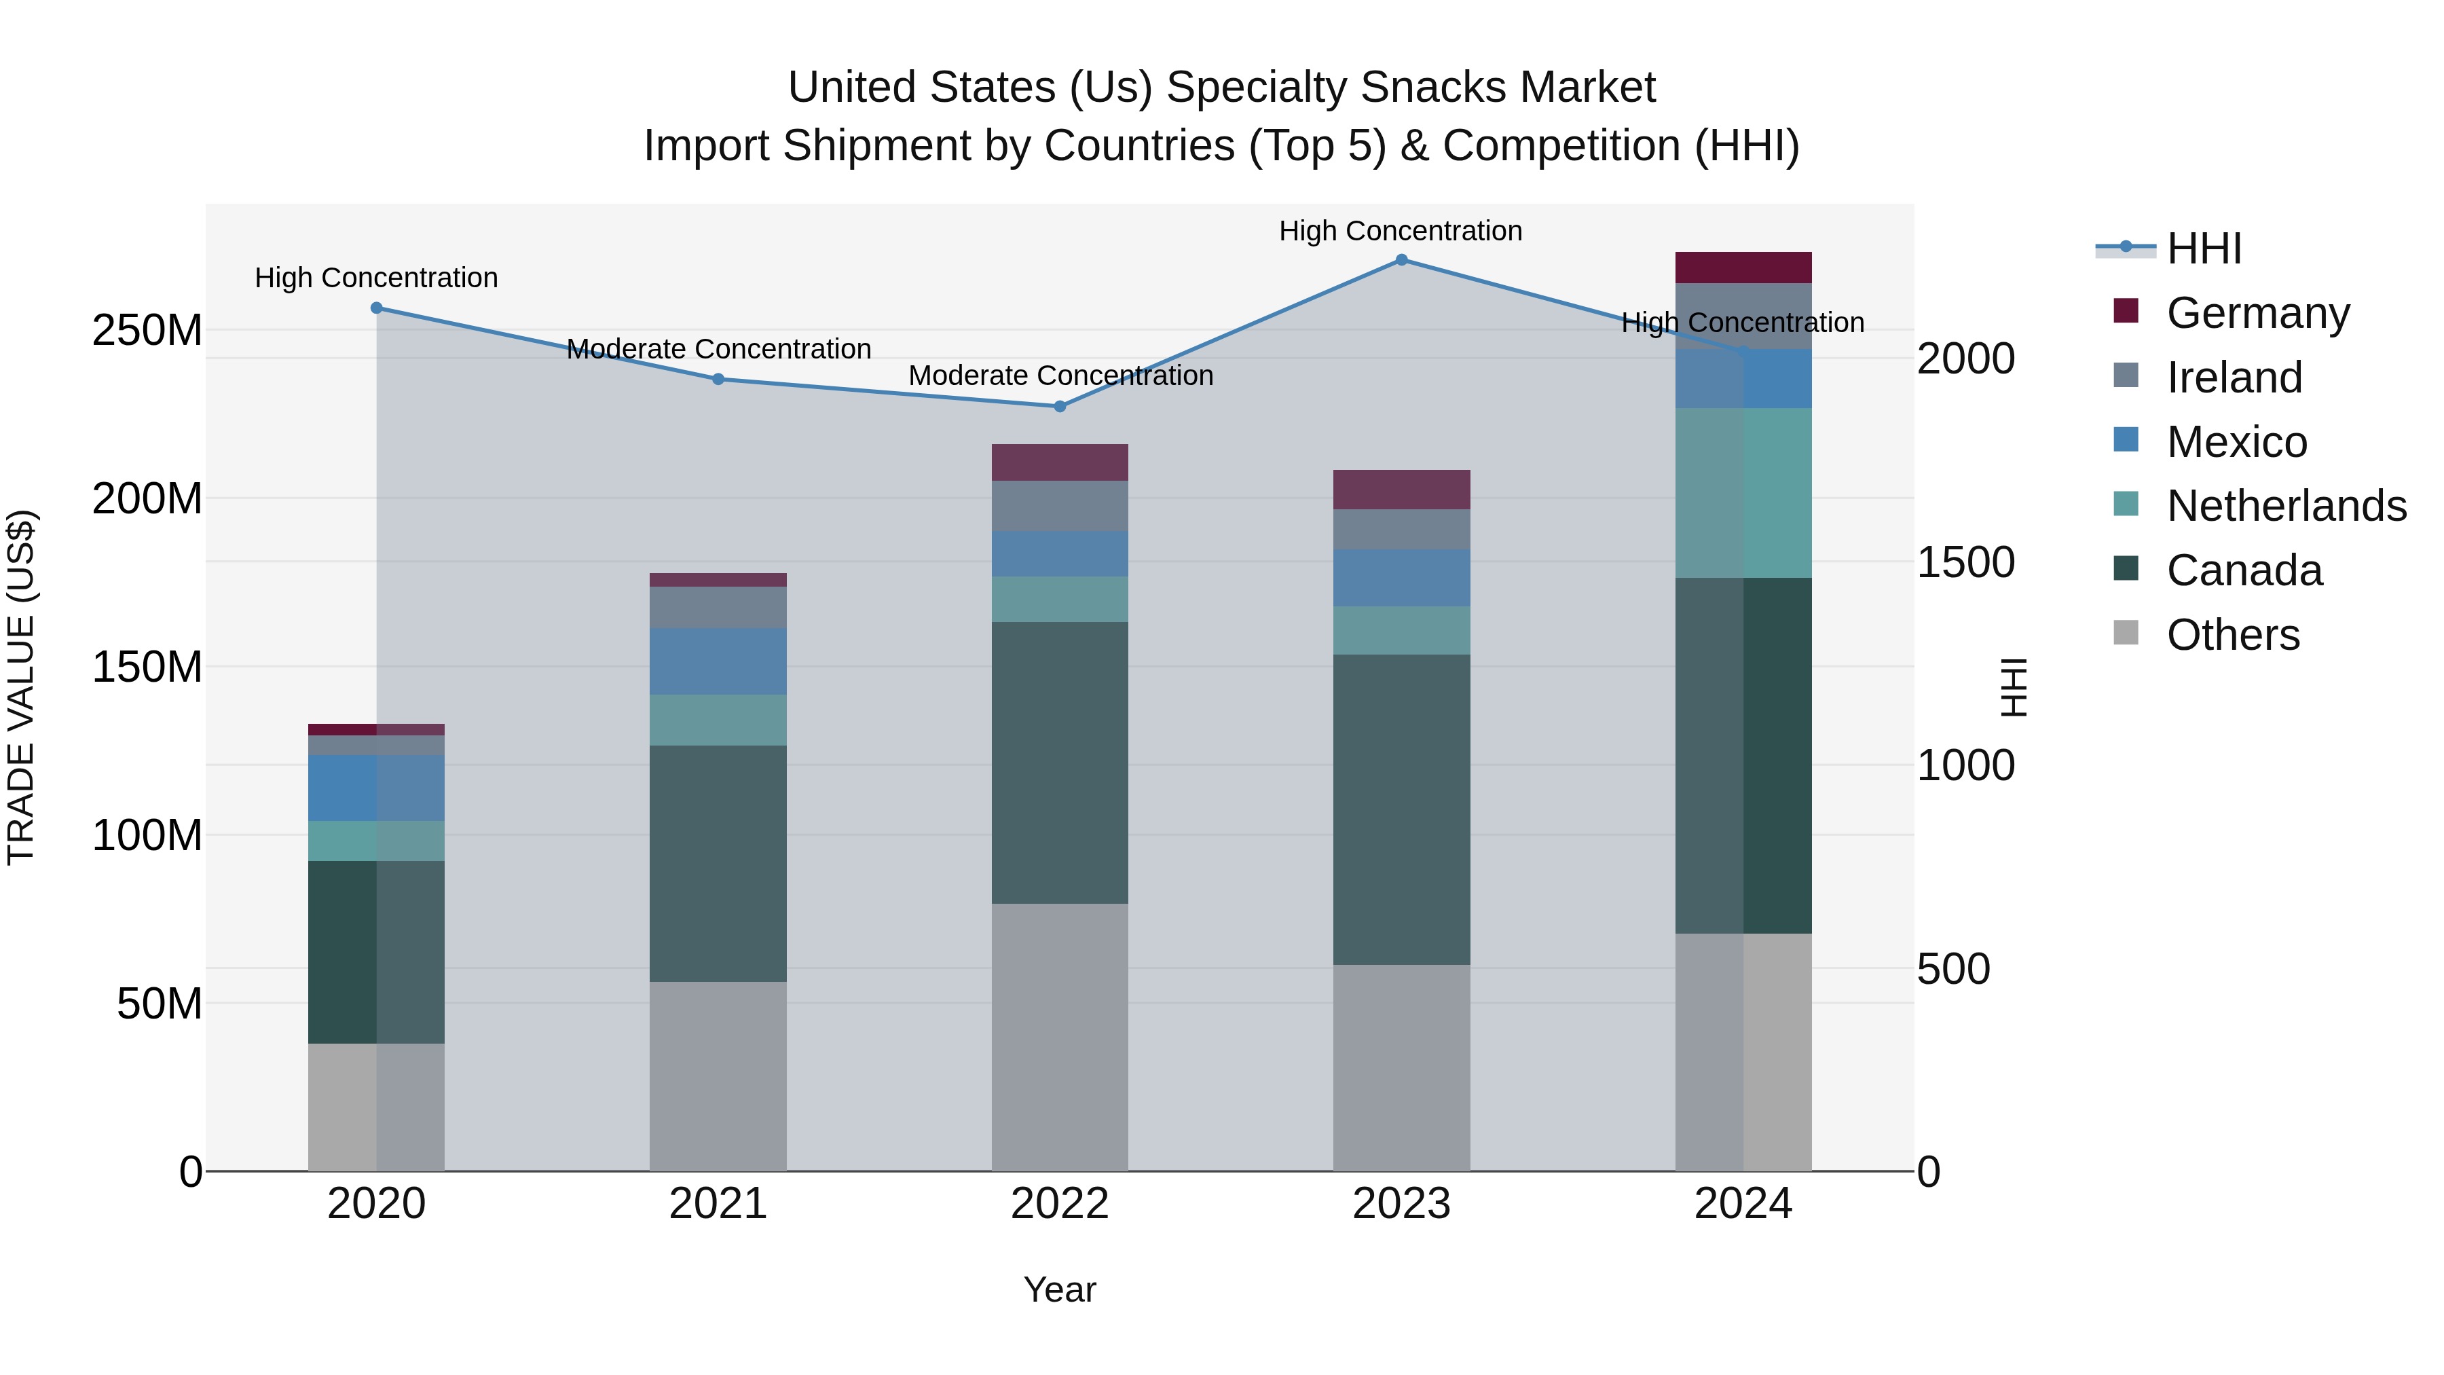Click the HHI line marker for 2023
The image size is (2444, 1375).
(1401, 260)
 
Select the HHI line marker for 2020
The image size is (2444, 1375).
(377, 308)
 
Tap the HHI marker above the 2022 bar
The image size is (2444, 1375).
(1060, 406)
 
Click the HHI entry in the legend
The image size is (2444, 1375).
(2203, 249)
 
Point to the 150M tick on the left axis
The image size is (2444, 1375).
(147, 667)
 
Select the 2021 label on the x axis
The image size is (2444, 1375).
(718, 1204)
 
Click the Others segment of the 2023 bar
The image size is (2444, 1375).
(1401, 1067)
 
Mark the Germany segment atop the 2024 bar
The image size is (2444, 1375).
(1743, 268)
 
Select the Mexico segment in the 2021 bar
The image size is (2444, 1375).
(718, 661)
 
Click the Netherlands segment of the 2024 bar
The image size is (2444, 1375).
(1743, 492)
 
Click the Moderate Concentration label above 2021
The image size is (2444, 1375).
(718, 349)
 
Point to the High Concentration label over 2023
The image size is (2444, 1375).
(1401, 231)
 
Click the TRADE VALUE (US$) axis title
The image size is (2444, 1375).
(21, 687)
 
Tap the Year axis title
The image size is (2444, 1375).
(1060, 1289)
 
